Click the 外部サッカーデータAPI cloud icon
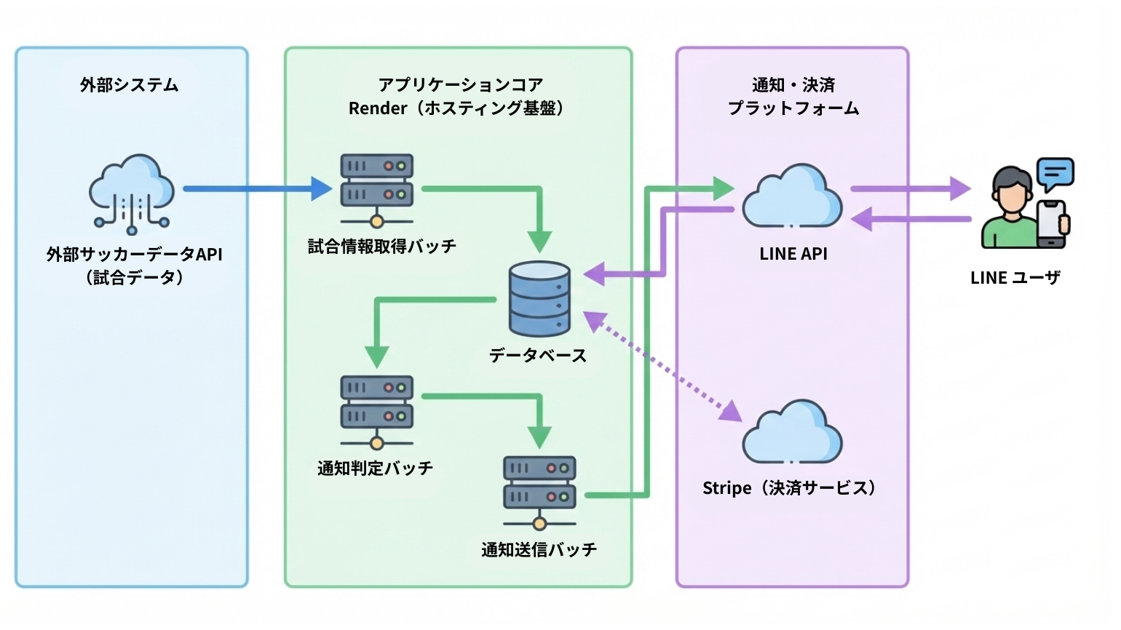pos(132,192)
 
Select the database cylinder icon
pos(539,298)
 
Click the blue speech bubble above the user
pos(1055,173)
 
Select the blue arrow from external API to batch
pos(255,189)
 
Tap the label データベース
pos(538,355)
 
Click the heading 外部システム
pos(130,85)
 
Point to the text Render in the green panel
pos(378,108)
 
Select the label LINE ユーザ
pos(1015,277)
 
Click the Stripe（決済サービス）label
pos(791,488)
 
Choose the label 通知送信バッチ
pos(539,549)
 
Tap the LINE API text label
pos(793,254)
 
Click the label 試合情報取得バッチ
pos(382,247)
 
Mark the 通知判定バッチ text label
pos(375,468)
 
